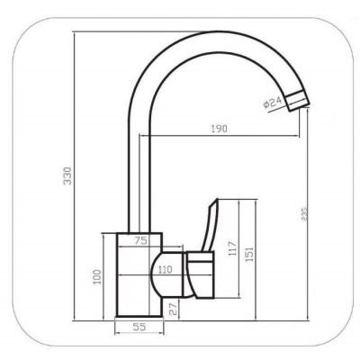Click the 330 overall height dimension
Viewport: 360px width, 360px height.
pyautogui.click(x=68, y=175)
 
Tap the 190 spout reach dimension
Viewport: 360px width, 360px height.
pyautogui.click(x=219, y=129)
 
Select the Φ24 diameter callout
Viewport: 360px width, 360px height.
pyautogui.click(x=273, y=103)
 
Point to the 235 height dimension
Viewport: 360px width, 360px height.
pyautogui.click(x=304, y=213)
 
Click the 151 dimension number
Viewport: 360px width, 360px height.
pyautogui.click(x=249, y=254)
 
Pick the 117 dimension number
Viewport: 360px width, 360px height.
pyautogui.click(x=233, y=248)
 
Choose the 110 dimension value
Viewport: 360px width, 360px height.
pyautogui.click(x=166, y=269)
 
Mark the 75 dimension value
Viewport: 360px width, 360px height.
pyautogui.click(x=140, y=240)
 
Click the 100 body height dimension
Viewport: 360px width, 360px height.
pyautogui.click(x=97, y=277)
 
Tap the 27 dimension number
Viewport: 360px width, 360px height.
pyautogui.click(x=173, y=308)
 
